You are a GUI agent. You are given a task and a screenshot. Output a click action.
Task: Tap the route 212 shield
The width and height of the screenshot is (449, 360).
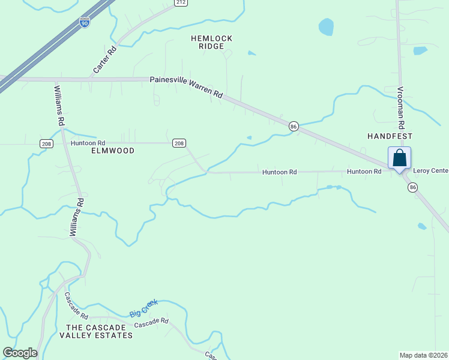coord(181,2)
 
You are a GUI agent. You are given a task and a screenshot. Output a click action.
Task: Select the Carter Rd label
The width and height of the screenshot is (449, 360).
coord(104,60)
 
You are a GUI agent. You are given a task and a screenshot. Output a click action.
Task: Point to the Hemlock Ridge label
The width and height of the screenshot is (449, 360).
coord(211,42)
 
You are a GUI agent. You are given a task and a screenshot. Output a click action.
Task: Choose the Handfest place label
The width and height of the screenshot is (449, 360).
coord(391,136)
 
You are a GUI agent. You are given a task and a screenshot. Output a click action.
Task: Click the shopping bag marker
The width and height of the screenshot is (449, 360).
coord(400,159)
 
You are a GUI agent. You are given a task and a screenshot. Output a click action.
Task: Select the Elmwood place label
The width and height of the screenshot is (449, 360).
coord(112,151)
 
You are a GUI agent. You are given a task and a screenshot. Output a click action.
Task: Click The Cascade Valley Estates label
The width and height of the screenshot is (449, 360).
coord(99,331)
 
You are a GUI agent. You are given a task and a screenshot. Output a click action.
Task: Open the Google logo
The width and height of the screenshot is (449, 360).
coord(20,353)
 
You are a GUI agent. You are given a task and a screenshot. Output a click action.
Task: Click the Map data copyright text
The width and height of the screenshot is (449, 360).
coord(423,355)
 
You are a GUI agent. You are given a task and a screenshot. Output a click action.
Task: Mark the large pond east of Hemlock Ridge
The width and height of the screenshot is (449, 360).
coord(326,26)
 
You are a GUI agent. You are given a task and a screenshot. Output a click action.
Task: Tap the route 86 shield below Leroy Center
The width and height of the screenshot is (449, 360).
coord(412,187)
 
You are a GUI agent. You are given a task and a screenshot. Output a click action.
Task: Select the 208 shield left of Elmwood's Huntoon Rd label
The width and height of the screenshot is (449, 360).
coord(47,143)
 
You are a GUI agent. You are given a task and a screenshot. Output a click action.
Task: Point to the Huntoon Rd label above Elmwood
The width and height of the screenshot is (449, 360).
coord(88,143)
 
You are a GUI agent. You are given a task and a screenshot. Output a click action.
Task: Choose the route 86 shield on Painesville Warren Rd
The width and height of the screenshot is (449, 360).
coord(293,126)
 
